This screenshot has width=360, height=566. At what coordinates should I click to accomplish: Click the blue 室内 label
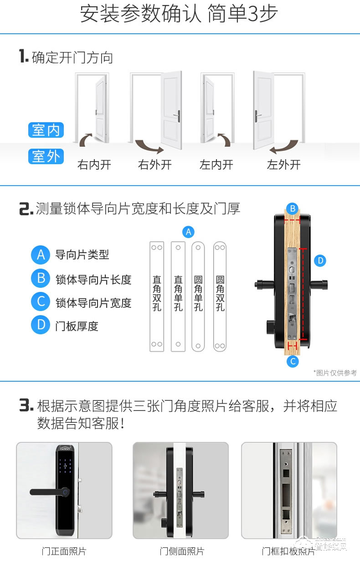pos(46,130)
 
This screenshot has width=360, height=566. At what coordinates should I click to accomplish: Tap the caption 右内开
pos(94,165)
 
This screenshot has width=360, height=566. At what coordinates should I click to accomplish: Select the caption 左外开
pos(283,165)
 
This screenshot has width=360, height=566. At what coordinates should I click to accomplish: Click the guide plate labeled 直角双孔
pos(157,296)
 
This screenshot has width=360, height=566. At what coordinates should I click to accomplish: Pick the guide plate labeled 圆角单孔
pos(198,296)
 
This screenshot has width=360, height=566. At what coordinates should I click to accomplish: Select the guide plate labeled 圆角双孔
pos(220,296)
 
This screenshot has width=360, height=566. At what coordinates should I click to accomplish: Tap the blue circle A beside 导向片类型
pos(41,254)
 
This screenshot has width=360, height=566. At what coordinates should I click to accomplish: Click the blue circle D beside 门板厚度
pos(41,325)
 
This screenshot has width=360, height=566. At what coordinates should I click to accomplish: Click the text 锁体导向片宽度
pos(93,302)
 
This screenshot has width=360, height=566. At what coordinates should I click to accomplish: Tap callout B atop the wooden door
pos(293,208)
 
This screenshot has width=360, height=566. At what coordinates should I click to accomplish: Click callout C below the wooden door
pos(293,362)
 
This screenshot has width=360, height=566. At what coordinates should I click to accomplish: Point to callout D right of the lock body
pos(320,261)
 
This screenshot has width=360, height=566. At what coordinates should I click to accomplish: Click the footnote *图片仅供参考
pos(335,373)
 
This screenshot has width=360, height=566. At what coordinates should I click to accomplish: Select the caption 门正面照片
pos(64,551)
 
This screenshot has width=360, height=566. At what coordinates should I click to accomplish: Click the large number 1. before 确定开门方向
pos(24,57)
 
